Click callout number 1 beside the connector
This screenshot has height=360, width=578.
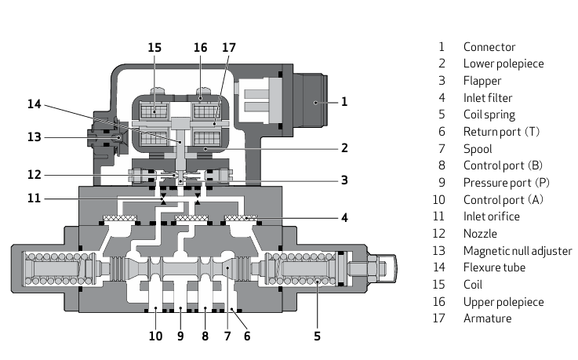[x=344, y=101]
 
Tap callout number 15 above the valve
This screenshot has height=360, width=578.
[x=154, y=48]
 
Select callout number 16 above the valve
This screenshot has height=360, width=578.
[x=200, y=48]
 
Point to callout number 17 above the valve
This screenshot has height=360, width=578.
[x=228, y=48]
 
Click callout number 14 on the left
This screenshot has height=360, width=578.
[x=34, y=104]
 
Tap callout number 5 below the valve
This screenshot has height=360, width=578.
[x=317, y=336]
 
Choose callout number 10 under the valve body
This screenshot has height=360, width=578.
[x=155, y=336]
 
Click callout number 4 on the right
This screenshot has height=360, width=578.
[x=344, y=217]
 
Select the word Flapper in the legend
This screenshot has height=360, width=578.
[x=482, y=81]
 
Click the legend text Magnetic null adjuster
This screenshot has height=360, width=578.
[x=518, y=251]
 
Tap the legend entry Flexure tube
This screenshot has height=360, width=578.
[x=494, y=267]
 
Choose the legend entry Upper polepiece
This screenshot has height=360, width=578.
[x=503, y=302]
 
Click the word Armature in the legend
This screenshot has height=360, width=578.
[x=487, y=318]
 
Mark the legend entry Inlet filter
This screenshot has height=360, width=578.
[x=489, y=98]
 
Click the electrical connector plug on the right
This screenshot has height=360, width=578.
[x=310, y=101]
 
